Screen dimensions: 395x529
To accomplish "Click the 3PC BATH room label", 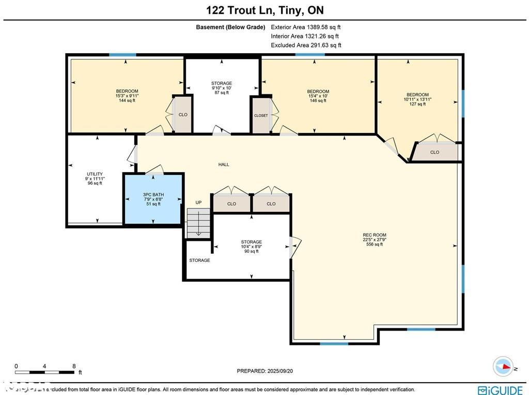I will coord(152,199).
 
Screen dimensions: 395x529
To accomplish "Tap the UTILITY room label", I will coord(95,178).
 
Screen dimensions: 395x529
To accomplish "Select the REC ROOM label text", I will coord(375,239).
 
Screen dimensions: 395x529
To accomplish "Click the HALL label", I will coord(224,164).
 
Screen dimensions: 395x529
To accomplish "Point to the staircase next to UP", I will coord(198,223).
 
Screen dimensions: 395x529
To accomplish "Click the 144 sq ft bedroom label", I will coord(127,95).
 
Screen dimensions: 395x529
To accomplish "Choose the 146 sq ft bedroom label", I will coord(318,96).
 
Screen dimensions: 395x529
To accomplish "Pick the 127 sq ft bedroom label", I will coord(417,99).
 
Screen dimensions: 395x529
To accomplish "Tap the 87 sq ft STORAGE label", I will coord(222,88).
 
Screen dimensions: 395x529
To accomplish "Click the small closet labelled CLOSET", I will coord(261,116).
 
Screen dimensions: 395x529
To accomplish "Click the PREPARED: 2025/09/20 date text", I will coord(268,371).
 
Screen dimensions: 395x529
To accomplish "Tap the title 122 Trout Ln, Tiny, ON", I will coord(264,10).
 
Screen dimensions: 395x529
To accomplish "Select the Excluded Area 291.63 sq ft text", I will coord(306,45).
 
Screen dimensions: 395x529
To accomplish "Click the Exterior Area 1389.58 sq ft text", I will coord(306,27).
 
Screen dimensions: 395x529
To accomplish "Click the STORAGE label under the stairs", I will coord(199,260).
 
